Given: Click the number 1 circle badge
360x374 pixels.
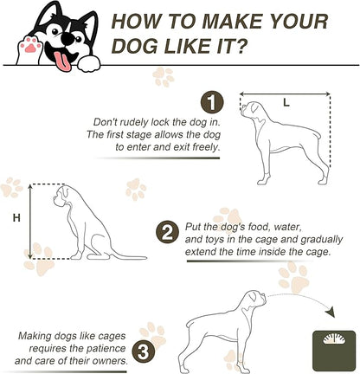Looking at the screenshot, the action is (212, 102).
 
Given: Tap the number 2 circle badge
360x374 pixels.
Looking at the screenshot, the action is (167, 232).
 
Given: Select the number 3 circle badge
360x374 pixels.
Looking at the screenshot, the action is (144, 351).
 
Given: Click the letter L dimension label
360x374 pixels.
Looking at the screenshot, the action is (286, 102).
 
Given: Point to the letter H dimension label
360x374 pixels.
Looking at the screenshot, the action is (16, 217).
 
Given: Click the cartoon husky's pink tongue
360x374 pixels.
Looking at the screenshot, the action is (63, 61).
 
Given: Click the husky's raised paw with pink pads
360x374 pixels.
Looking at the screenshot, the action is (29, 49).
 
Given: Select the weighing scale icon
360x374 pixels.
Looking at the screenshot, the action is (334, 351).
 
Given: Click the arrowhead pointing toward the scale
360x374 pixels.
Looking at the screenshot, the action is (331, 313).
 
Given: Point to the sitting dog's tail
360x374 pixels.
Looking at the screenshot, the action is (127, 255).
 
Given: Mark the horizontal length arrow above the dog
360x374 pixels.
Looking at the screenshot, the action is (285, 93).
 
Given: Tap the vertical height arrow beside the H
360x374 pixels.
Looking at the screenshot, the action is (30, 222).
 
